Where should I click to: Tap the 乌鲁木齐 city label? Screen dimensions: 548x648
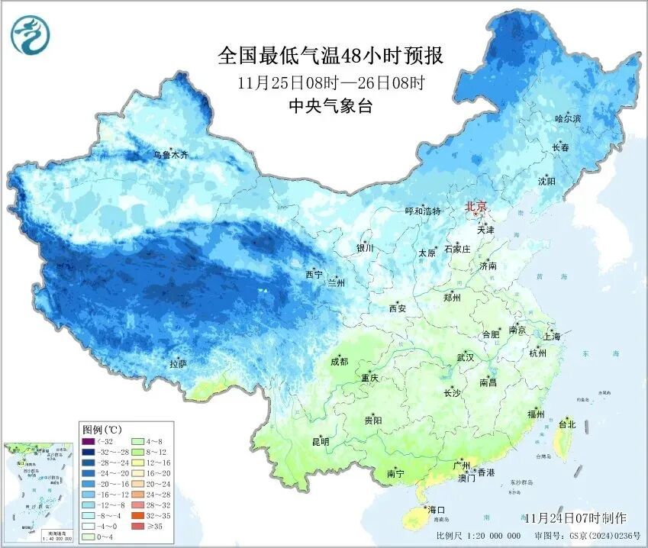click(170, 155)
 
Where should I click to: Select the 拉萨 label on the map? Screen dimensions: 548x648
click(178, 364)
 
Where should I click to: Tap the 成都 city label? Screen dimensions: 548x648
click(340, 362)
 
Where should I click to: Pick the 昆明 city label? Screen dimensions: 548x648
click(320, 442)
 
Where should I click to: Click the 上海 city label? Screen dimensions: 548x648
click(551, 336)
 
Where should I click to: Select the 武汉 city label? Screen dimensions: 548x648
click(465, 357)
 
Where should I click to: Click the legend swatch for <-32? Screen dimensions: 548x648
click(90, 440)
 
